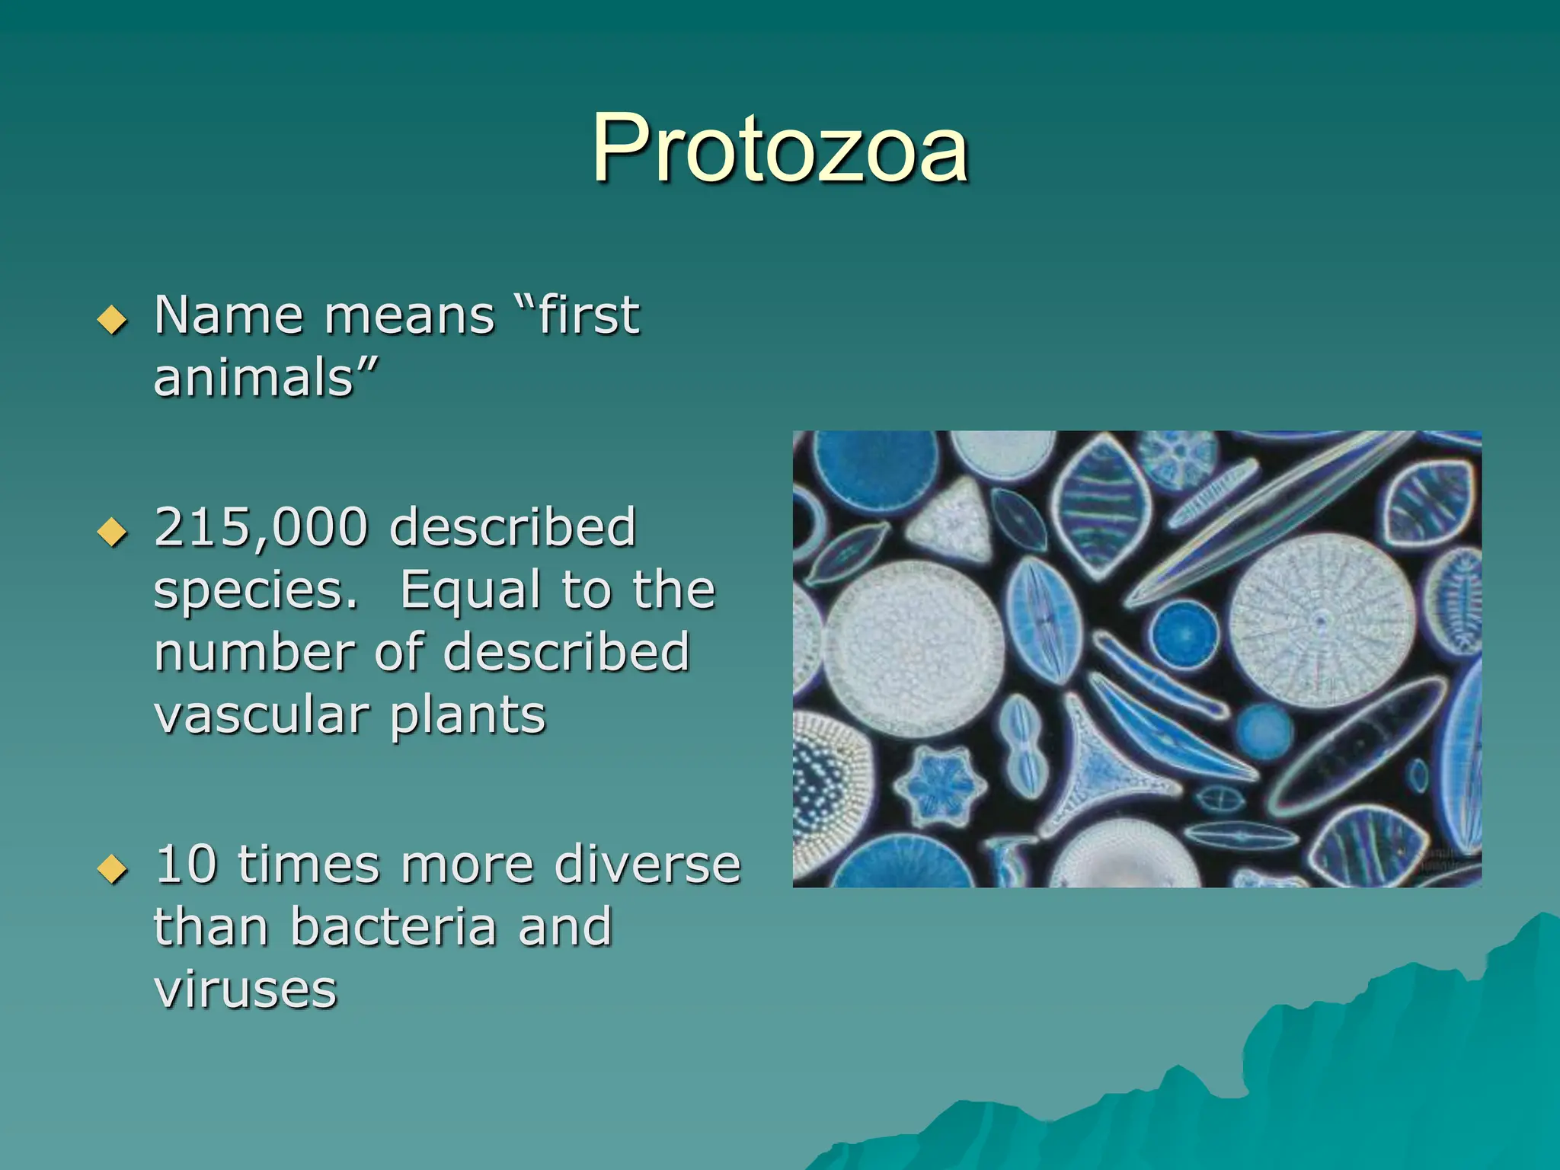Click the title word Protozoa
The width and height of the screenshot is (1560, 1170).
click(x=780, y=149)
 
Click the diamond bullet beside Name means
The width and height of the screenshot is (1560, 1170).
click(x=113, y=320)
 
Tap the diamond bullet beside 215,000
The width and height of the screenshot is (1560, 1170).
click(x=113, y=532)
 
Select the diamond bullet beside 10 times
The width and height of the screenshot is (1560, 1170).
click(x=113, y=869)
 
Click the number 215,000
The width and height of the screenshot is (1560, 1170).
click(x=261, y=527)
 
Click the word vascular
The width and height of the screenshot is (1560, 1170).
click(x=261, y=716)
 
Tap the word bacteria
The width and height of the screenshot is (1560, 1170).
click(x=393, y=927)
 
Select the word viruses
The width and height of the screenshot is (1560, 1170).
click(x=245, y=990)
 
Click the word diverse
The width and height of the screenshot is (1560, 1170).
click(x=647, y=865)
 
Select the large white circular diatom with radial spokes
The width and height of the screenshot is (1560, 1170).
click(x=1322, y=621)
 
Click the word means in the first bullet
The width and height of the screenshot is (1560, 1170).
click(x=410, y=315)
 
